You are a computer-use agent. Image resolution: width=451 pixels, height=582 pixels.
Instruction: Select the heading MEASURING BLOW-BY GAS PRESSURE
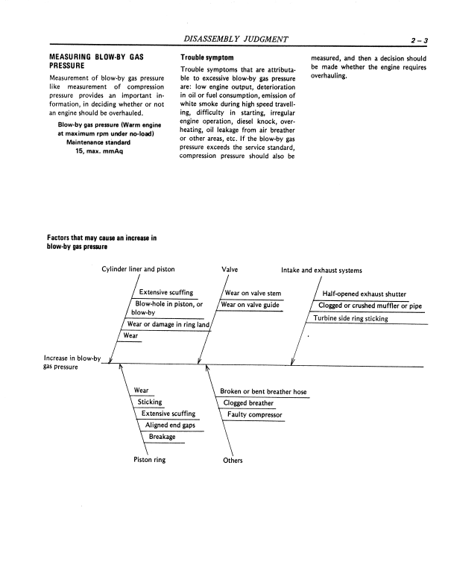95,62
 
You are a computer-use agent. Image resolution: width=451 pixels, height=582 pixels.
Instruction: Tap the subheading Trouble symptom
206,57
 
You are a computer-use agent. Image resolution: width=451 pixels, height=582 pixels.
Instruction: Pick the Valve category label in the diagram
230,270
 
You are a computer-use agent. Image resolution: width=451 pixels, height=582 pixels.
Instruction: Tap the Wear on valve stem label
252,293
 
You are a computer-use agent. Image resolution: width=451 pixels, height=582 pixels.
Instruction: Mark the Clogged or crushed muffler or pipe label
370,306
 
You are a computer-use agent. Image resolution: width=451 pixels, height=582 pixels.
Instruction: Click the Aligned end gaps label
165,425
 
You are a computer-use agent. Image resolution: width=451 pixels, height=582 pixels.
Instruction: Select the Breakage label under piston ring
162,437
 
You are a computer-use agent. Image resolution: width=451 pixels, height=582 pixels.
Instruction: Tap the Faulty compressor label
255,414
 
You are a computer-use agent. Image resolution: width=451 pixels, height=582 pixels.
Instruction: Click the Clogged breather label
249,403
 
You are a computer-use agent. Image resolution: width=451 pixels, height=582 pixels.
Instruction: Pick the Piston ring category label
149,460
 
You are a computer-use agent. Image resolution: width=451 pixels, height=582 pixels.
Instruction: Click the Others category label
233,461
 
